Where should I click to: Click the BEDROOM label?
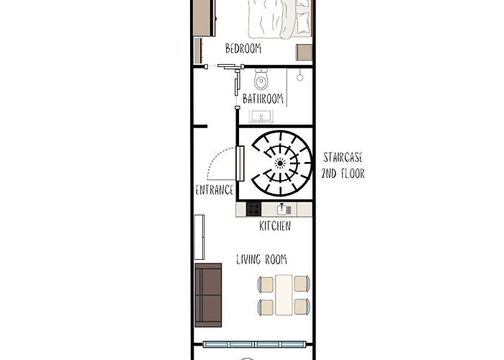(x=243, y=49)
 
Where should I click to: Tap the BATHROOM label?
(x=262, y=99)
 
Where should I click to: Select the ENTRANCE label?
(x=215, y=190)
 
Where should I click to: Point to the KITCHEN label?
(x=275, y=226)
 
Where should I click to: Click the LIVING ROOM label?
(x=262, y=259)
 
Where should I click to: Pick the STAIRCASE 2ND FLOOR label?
(x=343, y=165)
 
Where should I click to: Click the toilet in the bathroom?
(x=261, y=76)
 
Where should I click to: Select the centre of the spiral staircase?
(x=279, y=163)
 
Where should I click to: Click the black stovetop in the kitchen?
(x=253, y=210)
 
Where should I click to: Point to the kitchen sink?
(x=284, y=210)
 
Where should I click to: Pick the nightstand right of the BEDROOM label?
(x=305, y=53)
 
